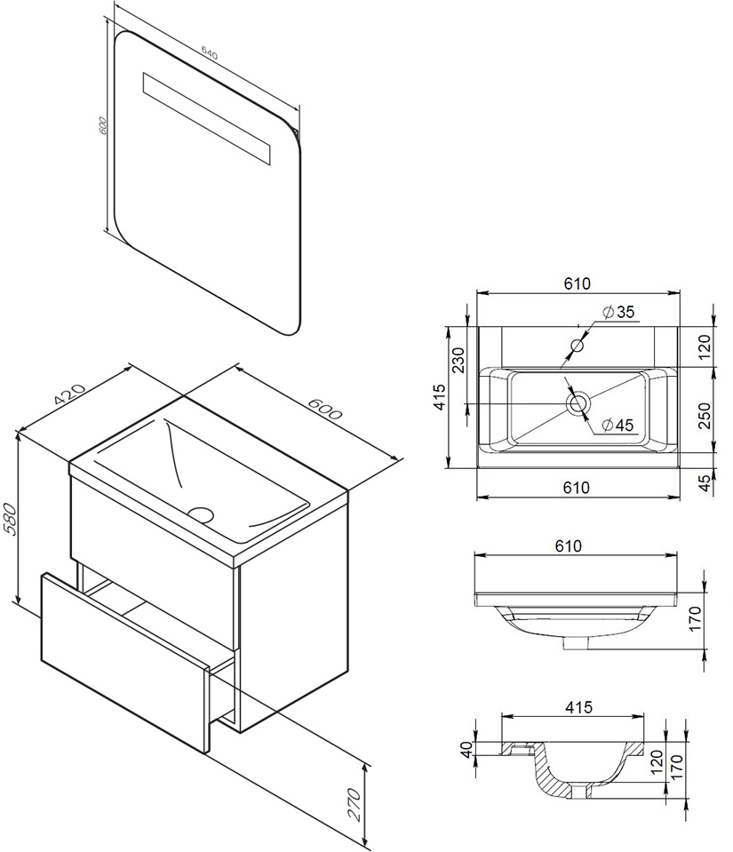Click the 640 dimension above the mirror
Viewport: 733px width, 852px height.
209,52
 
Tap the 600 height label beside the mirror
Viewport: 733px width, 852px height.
102,125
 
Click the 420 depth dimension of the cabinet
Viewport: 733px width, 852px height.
72,395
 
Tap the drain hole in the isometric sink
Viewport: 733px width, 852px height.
203,514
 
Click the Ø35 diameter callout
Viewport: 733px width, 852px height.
618,312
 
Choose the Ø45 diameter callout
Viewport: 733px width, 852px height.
617,425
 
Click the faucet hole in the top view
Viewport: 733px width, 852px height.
577,345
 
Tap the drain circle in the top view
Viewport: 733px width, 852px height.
578,403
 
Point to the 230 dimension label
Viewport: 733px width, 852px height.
458,360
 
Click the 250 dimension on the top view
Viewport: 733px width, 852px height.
705,416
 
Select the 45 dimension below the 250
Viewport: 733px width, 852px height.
705,483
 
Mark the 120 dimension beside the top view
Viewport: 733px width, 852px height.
705,347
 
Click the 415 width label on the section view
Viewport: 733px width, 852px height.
578,707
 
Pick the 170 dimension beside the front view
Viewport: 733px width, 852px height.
695,619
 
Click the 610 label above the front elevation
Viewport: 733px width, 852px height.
569,545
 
